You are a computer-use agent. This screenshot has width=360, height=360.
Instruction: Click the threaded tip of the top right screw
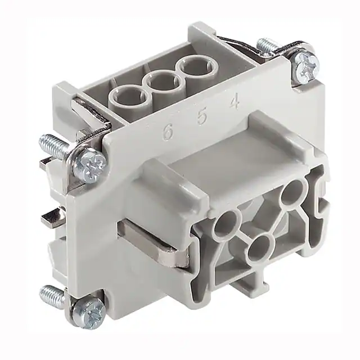[x=266, y=44]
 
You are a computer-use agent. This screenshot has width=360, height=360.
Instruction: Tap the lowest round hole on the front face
[x=260, y=246]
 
